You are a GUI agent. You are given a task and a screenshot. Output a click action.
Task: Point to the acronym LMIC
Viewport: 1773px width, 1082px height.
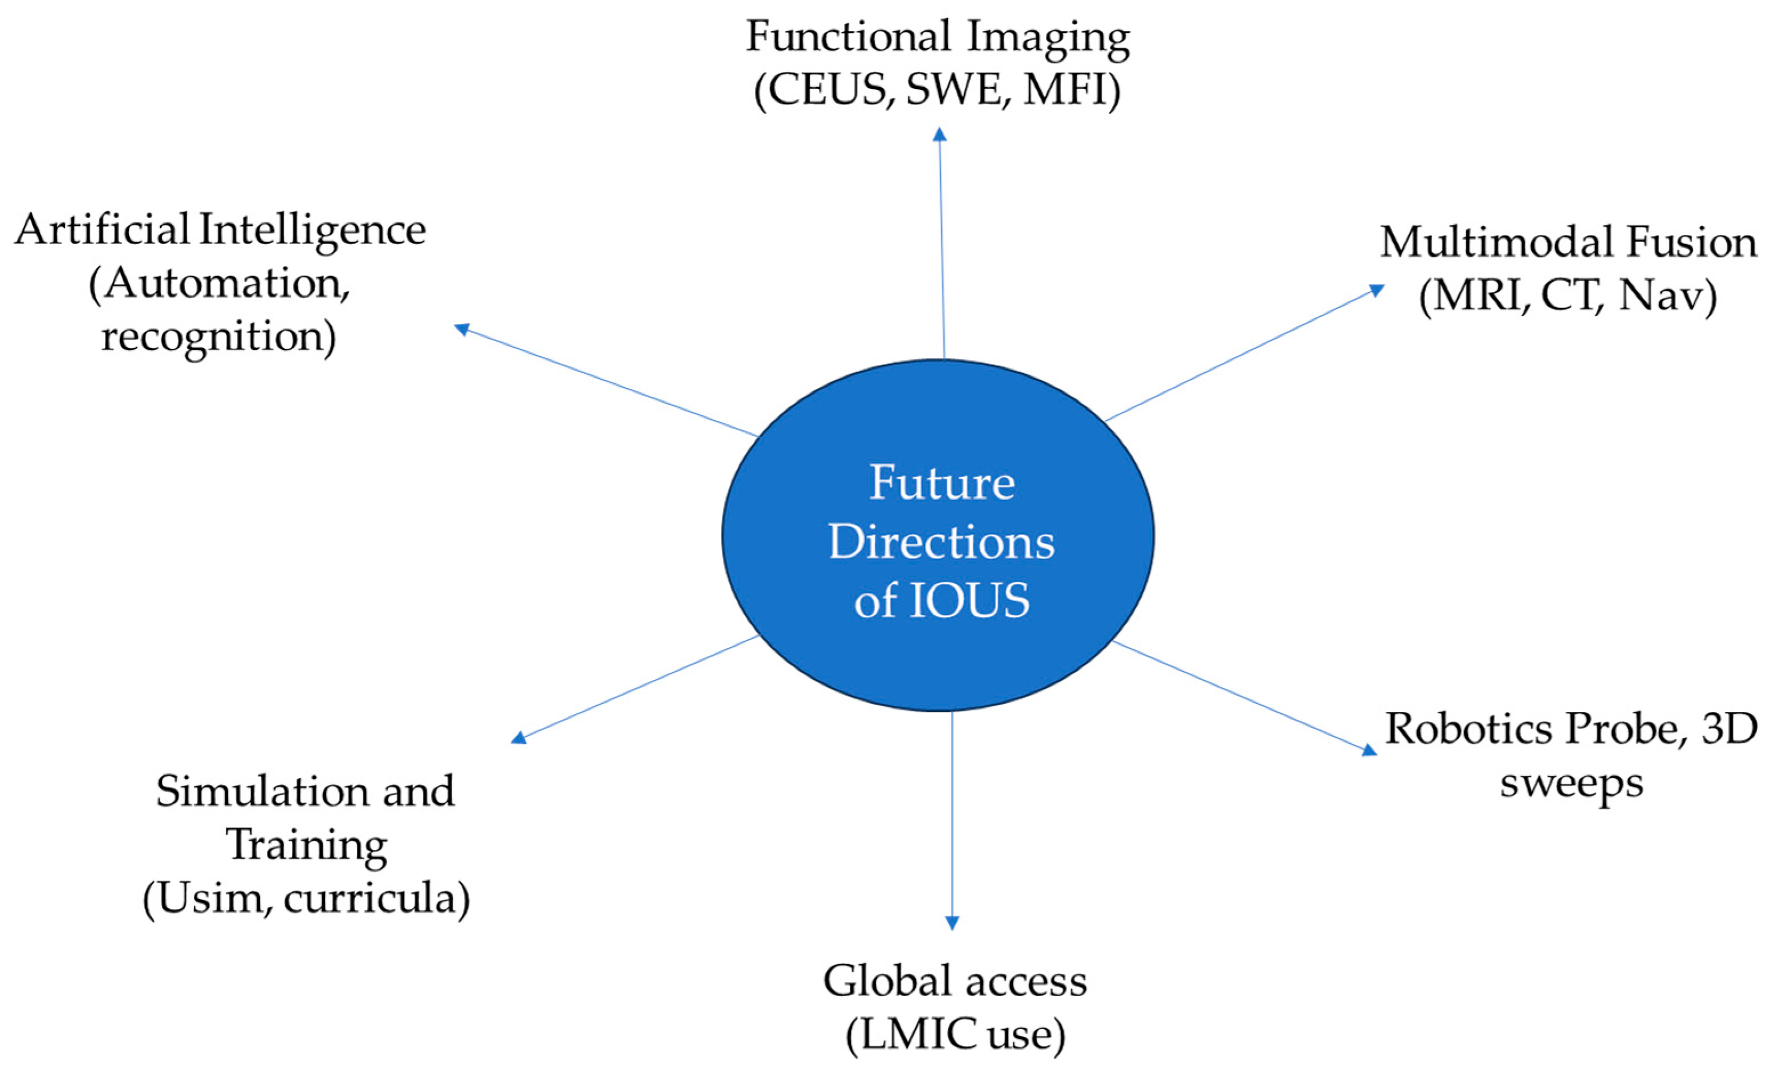913,1035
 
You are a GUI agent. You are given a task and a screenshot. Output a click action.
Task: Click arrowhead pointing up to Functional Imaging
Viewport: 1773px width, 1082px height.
939,134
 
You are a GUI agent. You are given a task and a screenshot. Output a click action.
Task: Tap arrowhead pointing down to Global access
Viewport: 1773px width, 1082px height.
952,923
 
